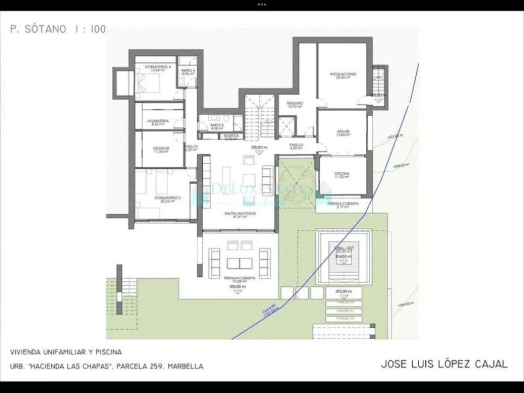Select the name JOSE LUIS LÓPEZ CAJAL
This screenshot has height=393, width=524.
pyautogui.click(x=444, y=364)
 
